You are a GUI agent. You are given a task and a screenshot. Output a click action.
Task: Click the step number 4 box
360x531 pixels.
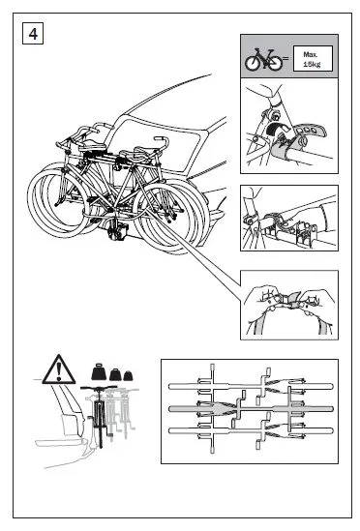[33, 34]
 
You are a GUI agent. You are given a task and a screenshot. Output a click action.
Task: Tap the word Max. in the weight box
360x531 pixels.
[310, 54]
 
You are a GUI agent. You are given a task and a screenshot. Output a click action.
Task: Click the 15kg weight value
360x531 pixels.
[312, 64]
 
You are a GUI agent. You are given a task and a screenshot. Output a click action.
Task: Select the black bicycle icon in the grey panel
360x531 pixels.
[264, 60]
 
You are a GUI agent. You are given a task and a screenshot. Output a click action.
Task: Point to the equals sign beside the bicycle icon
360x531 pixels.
[285, 58]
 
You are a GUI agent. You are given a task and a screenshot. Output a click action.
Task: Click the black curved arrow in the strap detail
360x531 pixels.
[277, 129]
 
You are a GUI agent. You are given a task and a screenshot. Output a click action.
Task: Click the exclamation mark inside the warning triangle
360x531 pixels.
[59, 371]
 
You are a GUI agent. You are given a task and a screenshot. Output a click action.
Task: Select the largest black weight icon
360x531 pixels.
[99, 371]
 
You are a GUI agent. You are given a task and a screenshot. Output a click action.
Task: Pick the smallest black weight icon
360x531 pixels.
[128, 375]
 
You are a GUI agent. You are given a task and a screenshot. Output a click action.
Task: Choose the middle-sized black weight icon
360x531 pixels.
[115, 374]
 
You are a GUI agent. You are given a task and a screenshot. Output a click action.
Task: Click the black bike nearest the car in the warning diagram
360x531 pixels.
[99, 415]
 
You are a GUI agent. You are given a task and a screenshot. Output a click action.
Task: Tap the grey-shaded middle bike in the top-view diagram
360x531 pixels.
[251, 409]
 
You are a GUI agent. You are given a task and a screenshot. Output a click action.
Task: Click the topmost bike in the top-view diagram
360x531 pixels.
[251, 386]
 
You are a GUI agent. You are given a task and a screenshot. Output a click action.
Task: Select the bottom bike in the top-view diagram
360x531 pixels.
[251, 431]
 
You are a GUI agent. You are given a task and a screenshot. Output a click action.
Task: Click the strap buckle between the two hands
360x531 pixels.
[290, 300]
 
